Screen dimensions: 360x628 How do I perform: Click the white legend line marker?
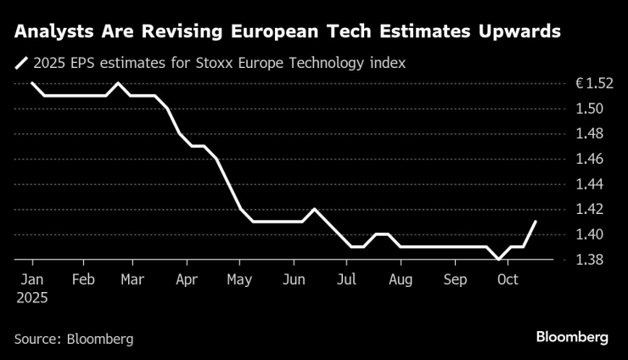(21, 62)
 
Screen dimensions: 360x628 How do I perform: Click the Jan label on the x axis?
(31, 279)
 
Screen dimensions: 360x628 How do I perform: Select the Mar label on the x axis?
(132, 279)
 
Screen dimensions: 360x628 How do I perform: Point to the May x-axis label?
(240, 279)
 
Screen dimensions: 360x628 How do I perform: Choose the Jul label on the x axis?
(345, 279)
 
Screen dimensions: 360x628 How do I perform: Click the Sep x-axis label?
(455, 279)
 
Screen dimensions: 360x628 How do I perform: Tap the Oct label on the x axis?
(507, 279)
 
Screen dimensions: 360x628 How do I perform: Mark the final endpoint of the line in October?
(535, 222)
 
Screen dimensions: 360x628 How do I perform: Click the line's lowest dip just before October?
(498, 259)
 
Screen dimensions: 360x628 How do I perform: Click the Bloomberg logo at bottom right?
(572, 337)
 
